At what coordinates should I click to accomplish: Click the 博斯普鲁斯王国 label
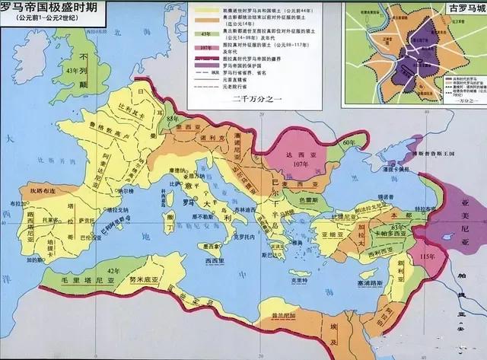(429, 154)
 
